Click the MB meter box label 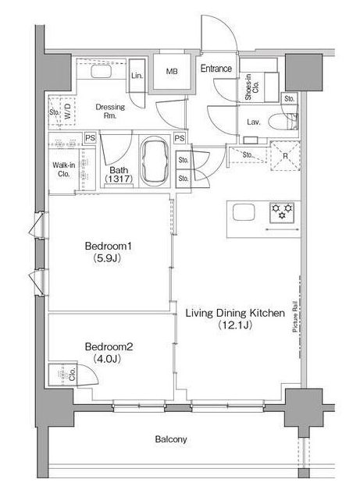tap(172, 72)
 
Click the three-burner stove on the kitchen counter tap(282, 211)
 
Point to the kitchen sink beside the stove tap(244, 212)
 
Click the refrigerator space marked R tap(285, 156)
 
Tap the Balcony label tap(171, 439)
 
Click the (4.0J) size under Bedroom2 tap(108, 359)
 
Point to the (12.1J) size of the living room tap(235, 325)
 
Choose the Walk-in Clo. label tap(63, 169)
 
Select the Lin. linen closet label tap(137, 76)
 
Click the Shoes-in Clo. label tap(252, 87)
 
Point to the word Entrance tap(216, 68)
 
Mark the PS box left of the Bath tap(90, 138)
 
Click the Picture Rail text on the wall tap(295, 316)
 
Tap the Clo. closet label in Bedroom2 tap(73, 375)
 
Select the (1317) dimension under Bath tap(119, 179)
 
